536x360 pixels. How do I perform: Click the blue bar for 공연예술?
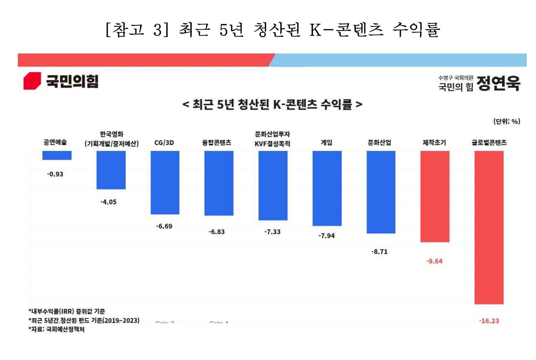coord(57,155)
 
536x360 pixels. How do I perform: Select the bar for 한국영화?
coord(111,170)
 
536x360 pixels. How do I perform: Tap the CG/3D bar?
coord(165,182)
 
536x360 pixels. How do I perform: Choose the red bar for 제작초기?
coord(435,196)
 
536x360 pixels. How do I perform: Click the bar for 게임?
coord(327,188)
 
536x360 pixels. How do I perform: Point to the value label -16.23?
coord(489,321)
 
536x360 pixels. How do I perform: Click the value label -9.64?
coord(434,261)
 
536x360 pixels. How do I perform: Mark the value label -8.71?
coord(380,252)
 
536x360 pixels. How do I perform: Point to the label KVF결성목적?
coord(273,143)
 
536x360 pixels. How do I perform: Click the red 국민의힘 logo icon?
coord(32,81)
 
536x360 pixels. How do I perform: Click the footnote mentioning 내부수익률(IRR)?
coord(67,311)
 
